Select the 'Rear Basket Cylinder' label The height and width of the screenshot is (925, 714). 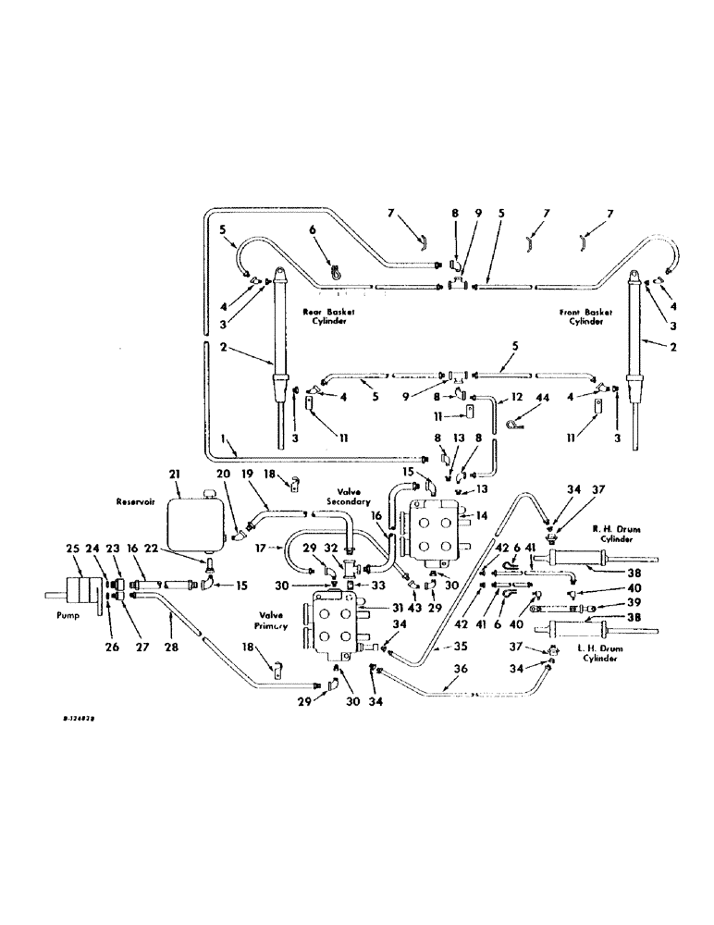pos(327,317)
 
